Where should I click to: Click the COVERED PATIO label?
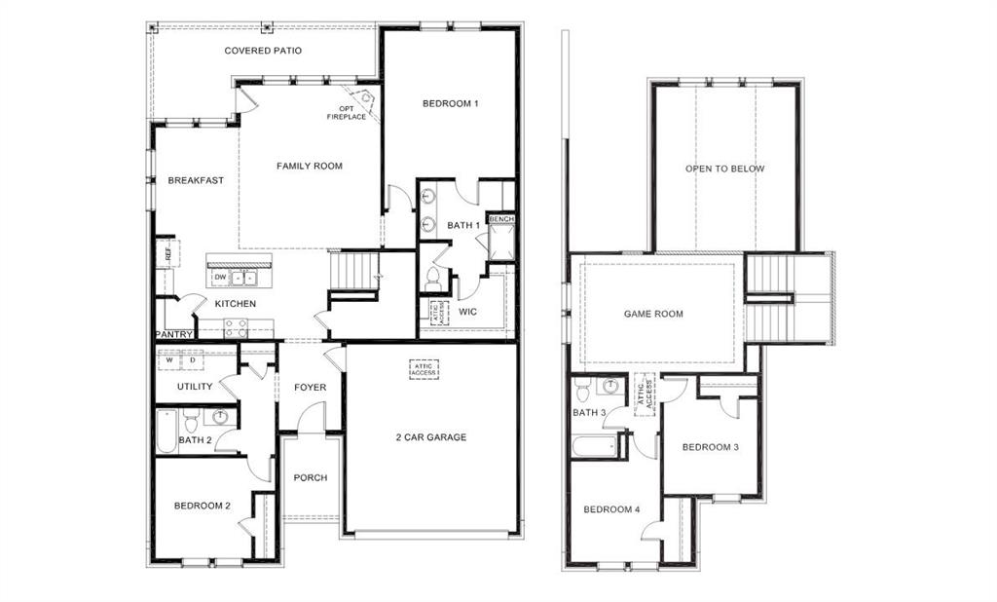click(x=263, y=51)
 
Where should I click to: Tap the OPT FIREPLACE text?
click(x=347, y=113)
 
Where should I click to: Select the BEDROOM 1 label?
click(x=450, y=103)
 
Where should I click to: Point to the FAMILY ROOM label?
click(x=310, y=167)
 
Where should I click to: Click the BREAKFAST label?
click(x=196, y=180)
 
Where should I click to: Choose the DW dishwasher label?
click(x=220, y=278)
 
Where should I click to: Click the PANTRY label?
click(x=174, y=335)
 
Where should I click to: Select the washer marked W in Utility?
click(x=169, y=359)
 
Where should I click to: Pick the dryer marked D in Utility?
click(x=192, y=359)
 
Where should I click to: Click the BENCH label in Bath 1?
click(x=501, y=220)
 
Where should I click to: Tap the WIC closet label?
click(x=467, y=313)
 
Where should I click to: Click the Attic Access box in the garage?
click(x=424, y=369)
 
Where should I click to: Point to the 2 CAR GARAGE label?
click(x=430, y=437)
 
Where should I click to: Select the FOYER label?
click(x=311, y=388)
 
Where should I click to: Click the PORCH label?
click(x=311, y=478)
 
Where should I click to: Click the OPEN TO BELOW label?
click(x=724, y=169)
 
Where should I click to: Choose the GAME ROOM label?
click(x=653, y=315)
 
